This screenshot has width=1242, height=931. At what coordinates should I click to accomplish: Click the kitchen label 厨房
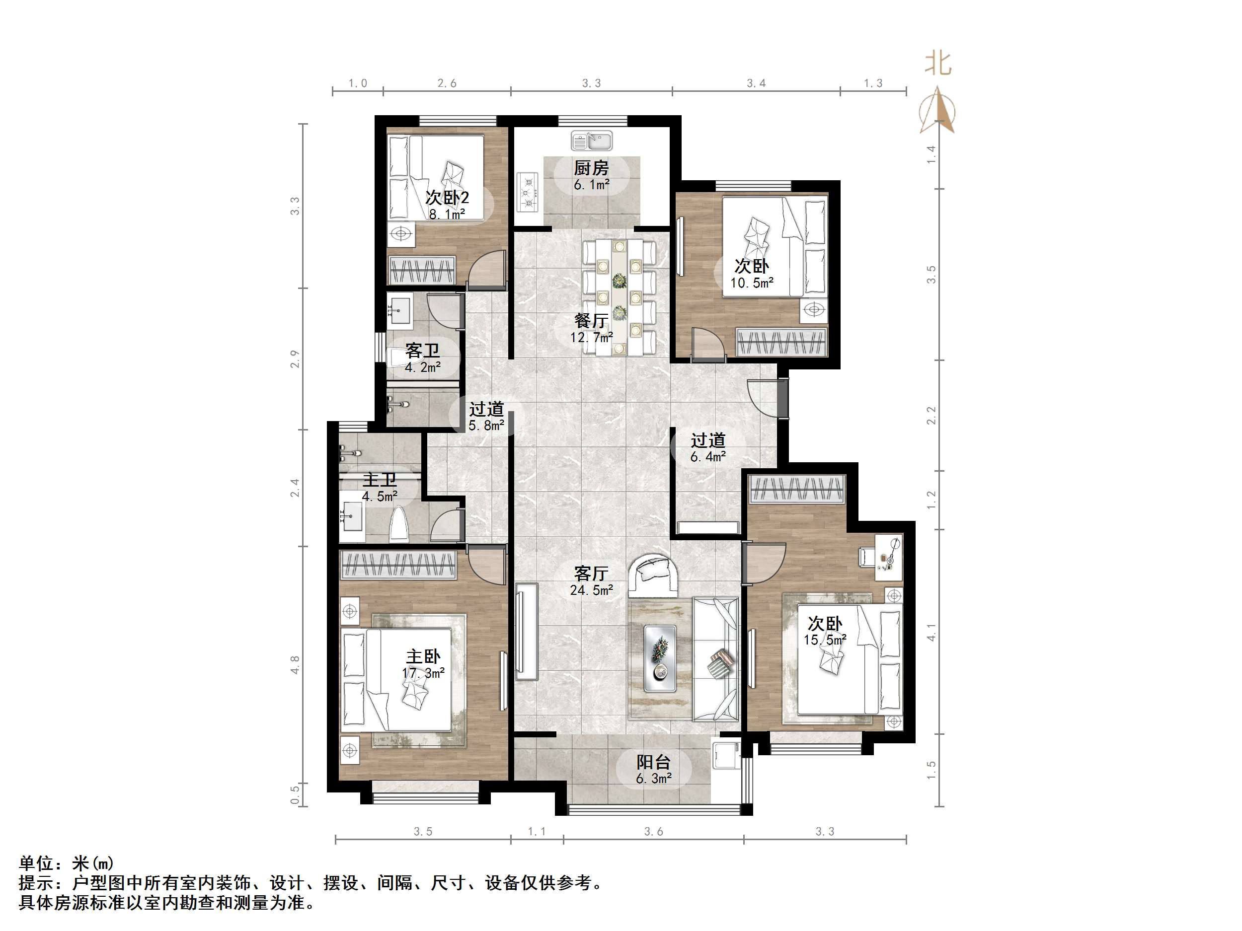(591, 168)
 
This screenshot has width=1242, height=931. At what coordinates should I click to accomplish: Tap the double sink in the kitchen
(591, 141)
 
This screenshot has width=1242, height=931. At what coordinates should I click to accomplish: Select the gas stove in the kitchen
(527, 191)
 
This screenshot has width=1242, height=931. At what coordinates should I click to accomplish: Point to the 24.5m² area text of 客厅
(591, 590)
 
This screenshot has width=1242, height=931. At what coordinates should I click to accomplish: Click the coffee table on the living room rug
(660, 658)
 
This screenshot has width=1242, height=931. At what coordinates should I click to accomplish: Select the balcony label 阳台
(653, 762)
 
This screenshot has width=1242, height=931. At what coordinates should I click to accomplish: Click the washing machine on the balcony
(725, 755)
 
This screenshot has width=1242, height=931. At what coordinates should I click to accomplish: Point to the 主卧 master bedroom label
(423, 656)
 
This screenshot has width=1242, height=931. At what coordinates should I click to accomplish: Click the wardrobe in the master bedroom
(398, 565)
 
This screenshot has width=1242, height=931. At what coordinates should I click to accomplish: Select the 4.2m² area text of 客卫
(422, 367)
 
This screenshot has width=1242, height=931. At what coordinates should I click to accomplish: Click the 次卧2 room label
(447, 198)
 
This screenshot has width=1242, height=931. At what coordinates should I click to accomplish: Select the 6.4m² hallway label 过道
(707, 440)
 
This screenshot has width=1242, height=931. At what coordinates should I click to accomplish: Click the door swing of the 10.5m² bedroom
(707, 344)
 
